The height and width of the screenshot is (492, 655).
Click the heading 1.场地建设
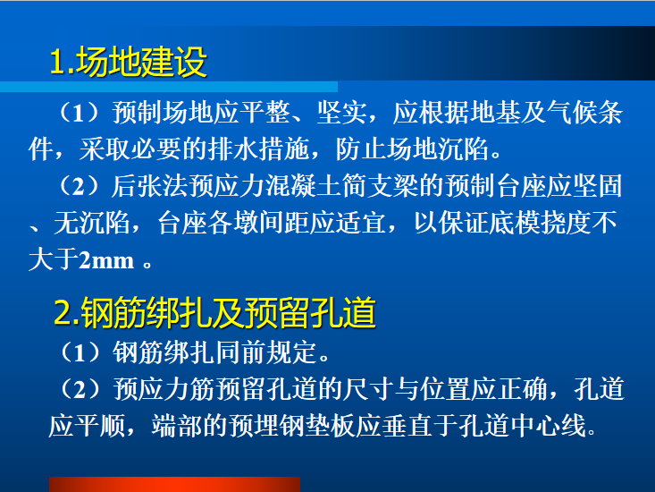click(129, 62)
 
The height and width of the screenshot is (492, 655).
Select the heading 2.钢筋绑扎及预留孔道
click(214, 313)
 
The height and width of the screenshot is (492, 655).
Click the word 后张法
click(142, 188)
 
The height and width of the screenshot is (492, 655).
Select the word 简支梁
click(399, 188)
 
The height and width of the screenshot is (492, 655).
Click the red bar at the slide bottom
click(174, 484)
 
